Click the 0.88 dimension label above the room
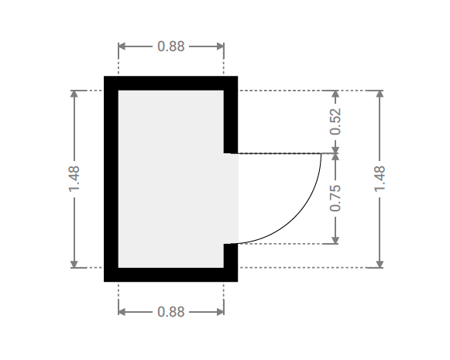[x=170, y=46]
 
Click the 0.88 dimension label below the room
[x=170, y=312]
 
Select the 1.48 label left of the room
[x=74, y=179]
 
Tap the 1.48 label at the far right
[x=380, y=179]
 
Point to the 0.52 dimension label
[x=335, y=122]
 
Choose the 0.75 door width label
[x=335, y=198]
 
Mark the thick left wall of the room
[x=111, y=179]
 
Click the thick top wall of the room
[x=170, y=83]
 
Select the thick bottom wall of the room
[x=170, y=275]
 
